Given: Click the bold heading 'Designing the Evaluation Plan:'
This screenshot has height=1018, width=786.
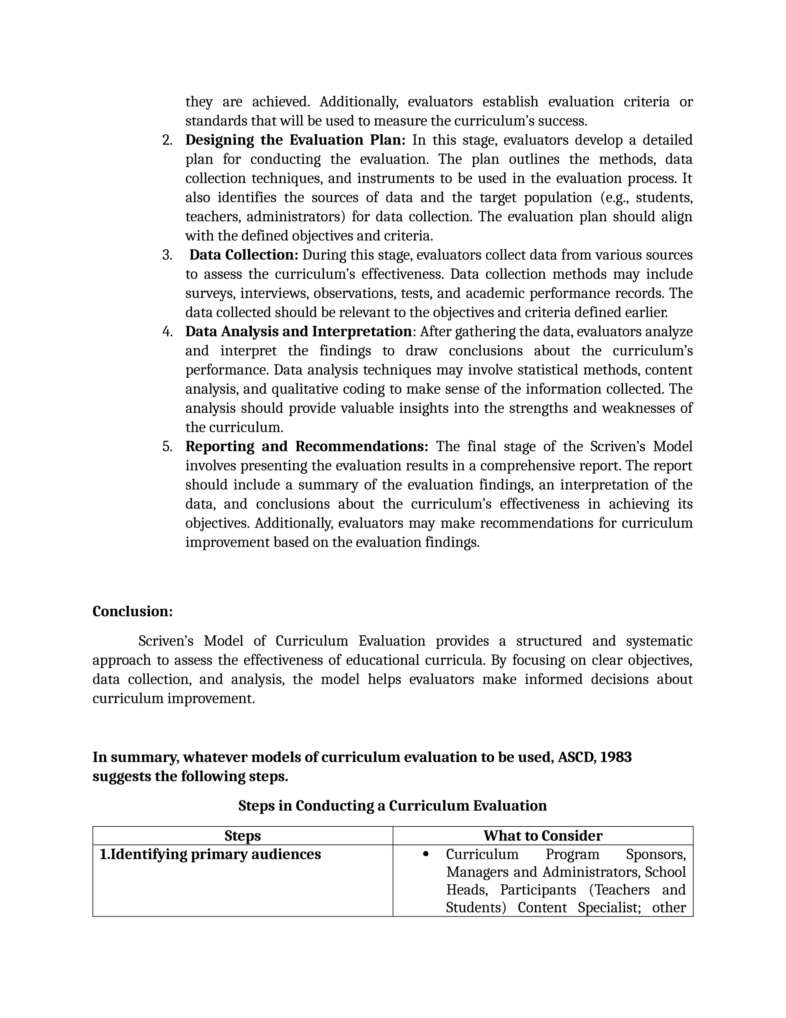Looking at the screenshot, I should pos(295,140).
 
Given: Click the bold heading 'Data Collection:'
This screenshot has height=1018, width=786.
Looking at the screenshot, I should pos(244,255).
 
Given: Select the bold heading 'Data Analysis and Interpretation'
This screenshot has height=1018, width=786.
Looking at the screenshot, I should pos(298,332).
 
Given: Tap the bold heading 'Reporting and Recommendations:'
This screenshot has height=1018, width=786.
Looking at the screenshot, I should pos(306,446).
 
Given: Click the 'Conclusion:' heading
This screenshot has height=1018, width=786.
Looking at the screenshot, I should pos(132,611).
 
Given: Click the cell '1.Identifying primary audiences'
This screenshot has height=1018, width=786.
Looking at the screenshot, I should pos(210,854).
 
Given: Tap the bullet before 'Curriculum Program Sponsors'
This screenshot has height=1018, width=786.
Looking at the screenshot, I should pos(425,854).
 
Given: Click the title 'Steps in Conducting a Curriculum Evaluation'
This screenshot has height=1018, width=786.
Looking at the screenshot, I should pos(392,806).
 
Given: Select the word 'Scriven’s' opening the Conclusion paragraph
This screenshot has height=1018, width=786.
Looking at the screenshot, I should pos(165,641).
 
